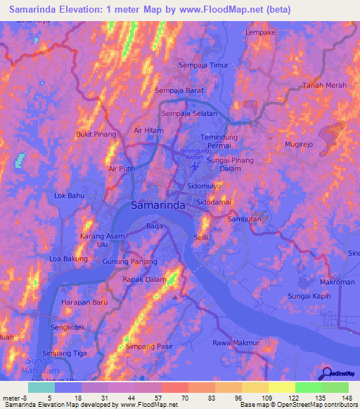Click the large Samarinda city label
click(158, 206)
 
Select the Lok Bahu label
click(69, 195)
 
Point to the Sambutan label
click(243, 219)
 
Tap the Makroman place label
click(337, 282)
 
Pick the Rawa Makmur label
click(236, 343)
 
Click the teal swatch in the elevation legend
click(41, 387)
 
